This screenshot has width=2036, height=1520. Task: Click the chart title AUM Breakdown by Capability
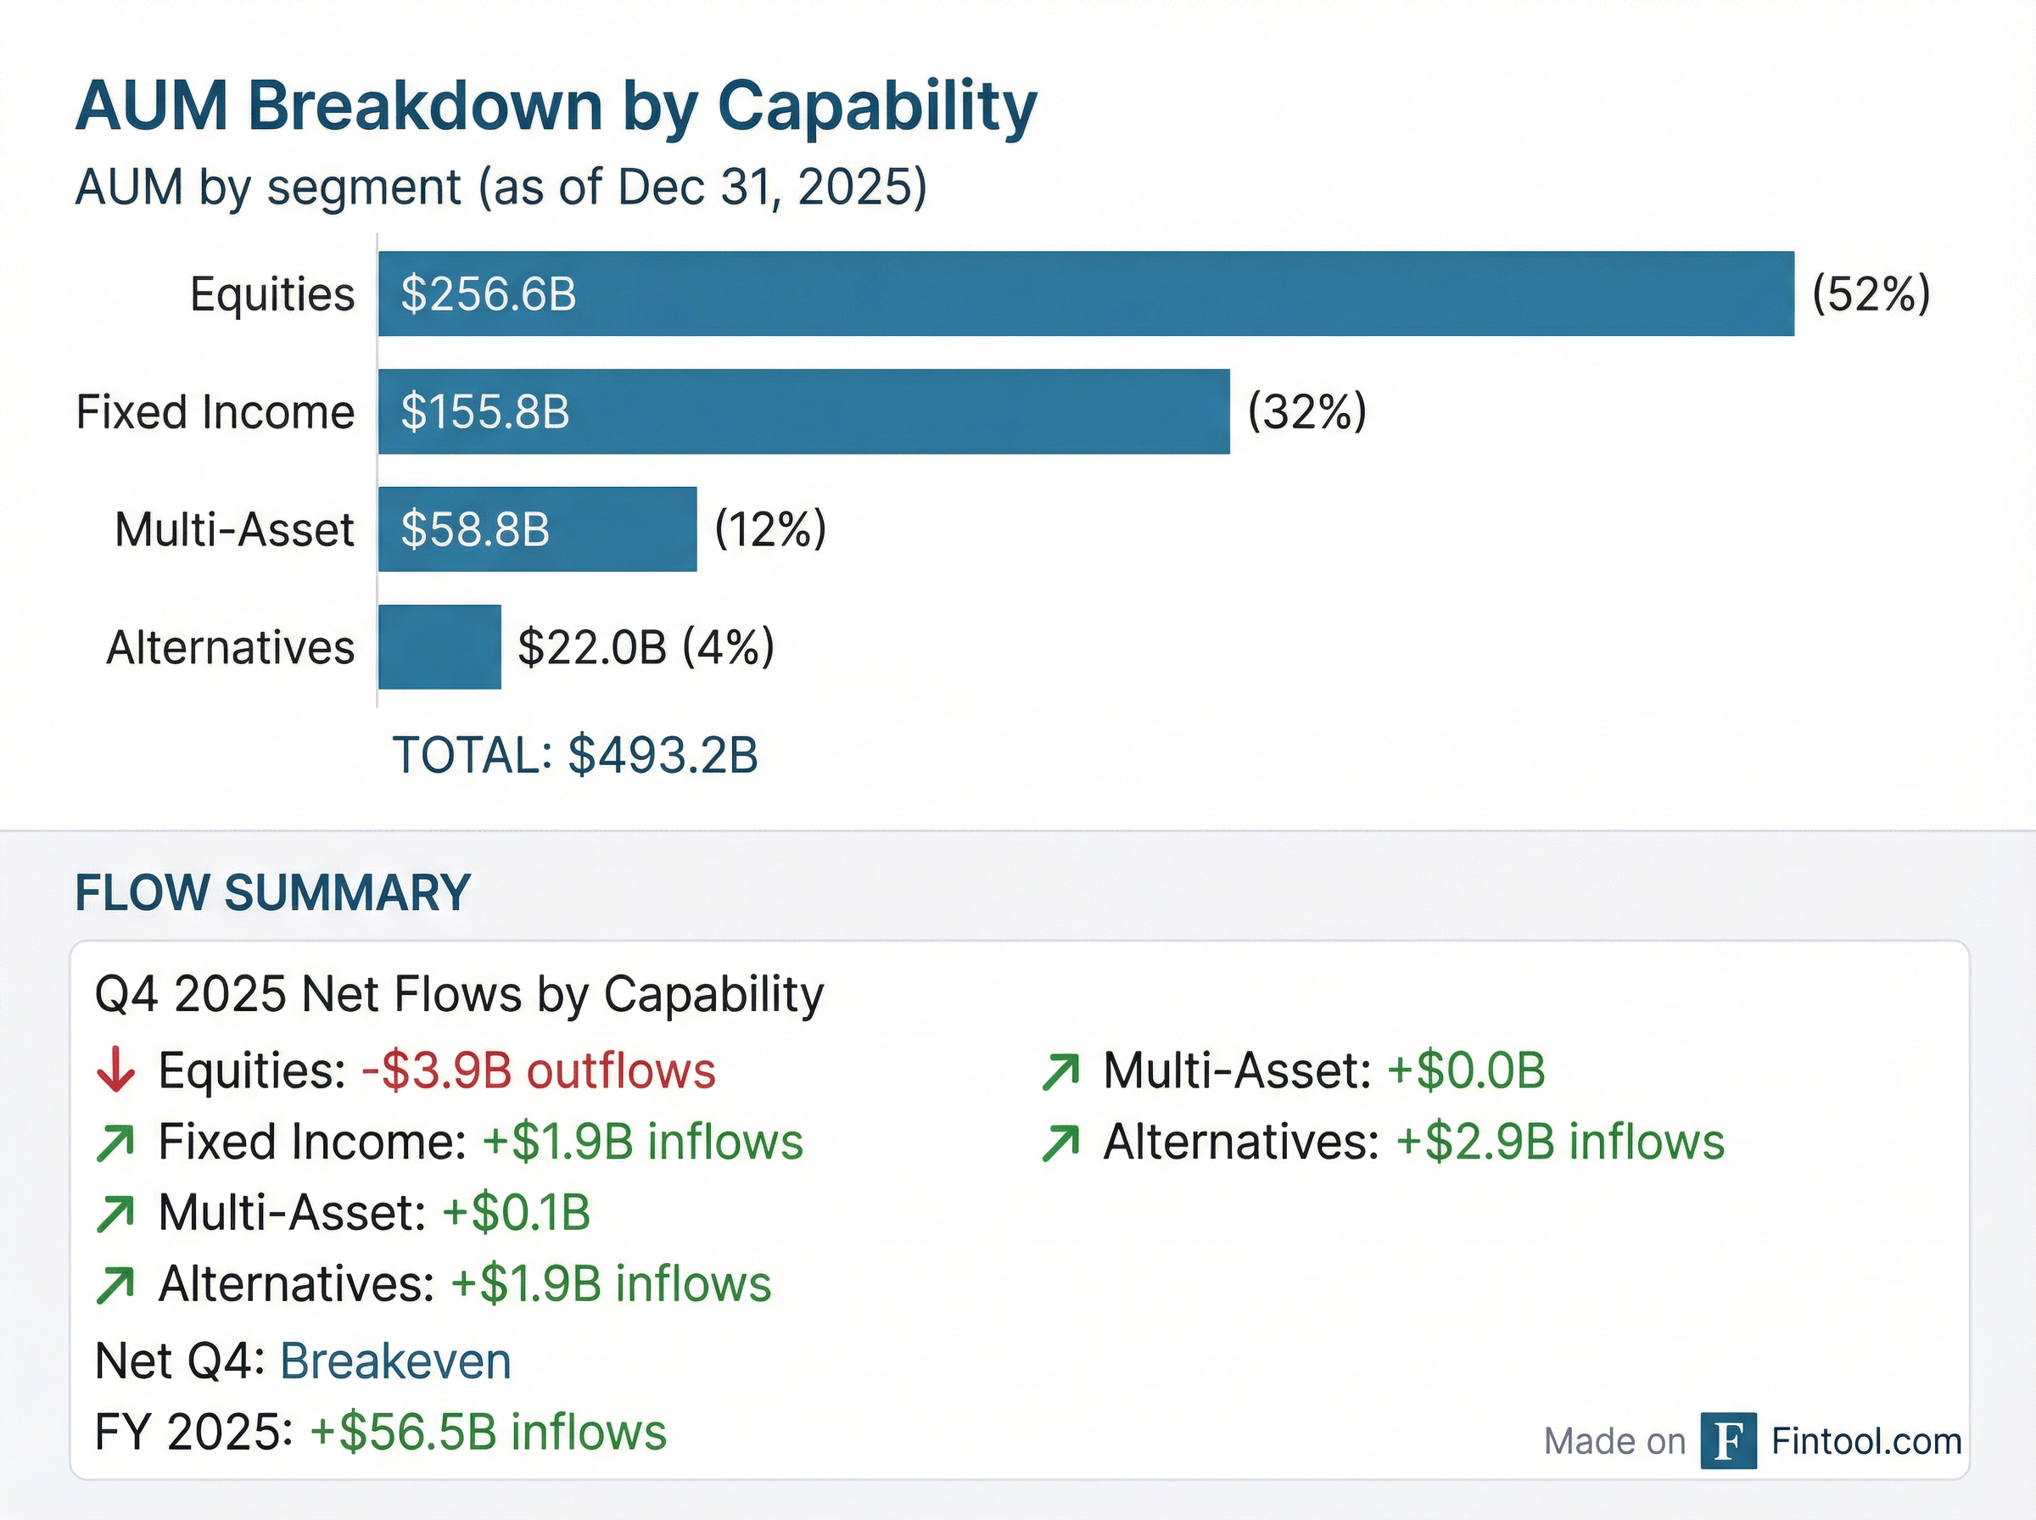[x=556, y=107]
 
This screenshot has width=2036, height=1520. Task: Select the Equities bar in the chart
[x=1086, y=293]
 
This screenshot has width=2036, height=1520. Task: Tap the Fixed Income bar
[x=803, y=411]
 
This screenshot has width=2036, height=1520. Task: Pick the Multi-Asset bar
[x=537, y=529]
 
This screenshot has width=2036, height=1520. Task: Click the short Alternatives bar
[x=439, y=647]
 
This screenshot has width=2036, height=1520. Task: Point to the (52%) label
[x=1871, y=294]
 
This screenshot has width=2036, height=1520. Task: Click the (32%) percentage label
[x=1306, y=411]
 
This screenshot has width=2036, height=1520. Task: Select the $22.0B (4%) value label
[x=646, y=647]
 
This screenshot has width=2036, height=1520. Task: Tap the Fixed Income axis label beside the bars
[x=215, y=411]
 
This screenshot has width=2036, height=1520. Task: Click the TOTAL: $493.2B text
[x=575, y=756]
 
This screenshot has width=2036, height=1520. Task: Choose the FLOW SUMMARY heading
[x=272, y=892]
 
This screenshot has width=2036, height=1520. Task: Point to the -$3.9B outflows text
[x=538, y=1070]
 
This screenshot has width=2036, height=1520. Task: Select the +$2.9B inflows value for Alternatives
[x=1559, y=1142]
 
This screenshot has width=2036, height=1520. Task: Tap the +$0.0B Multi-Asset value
[x=1466, y=1070]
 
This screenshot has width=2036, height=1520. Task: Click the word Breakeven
[x=394, y=1361]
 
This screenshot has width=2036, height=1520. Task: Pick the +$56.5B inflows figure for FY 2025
[x=488, y=1433]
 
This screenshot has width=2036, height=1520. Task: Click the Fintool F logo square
[x=1728, y=1441]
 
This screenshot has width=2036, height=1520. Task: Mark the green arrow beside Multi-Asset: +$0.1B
[x=116, y=1214]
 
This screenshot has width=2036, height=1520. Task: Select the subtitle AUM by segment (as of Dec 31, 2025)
[x=501, y=187]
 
